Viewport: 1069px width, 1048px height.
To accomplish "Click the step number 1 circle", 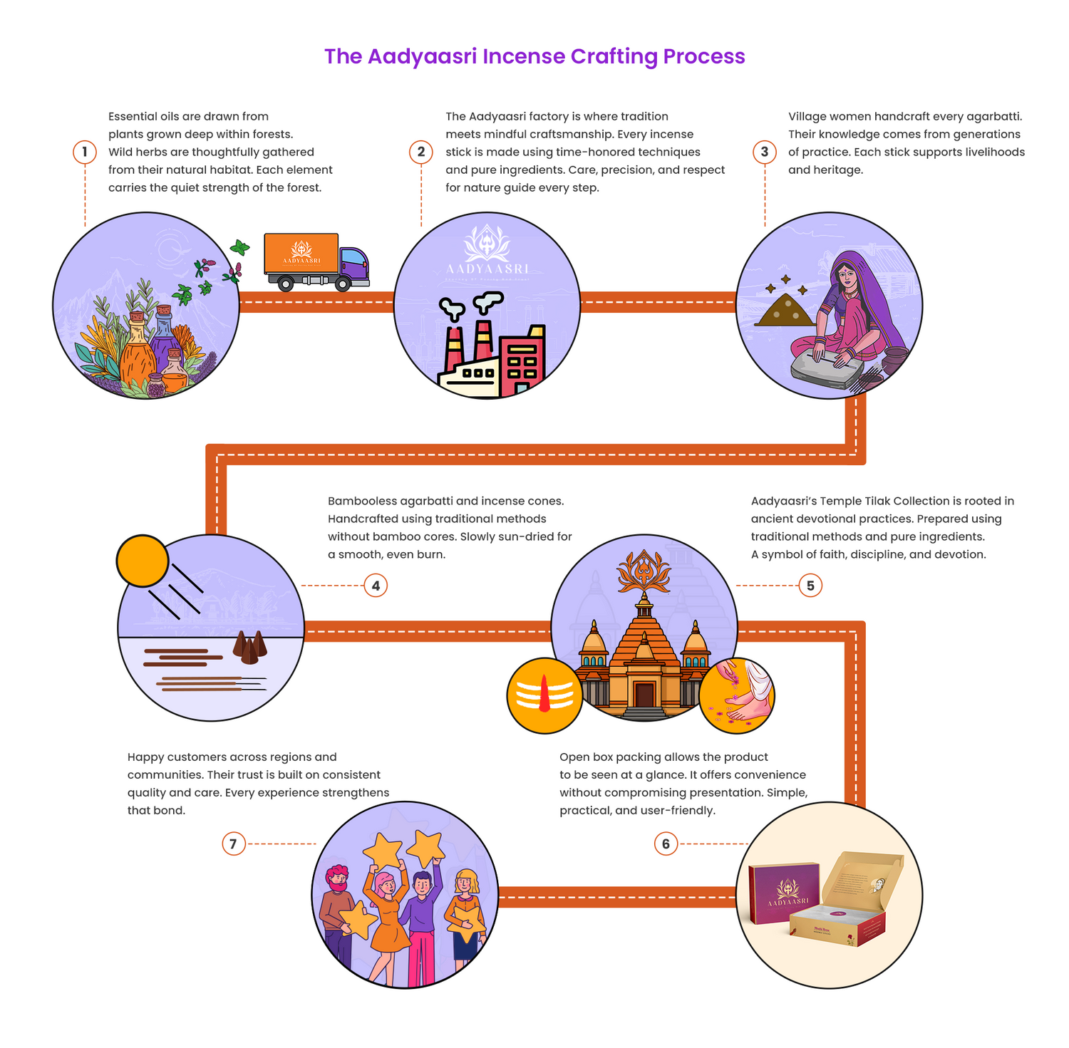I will click(x=85, y=152).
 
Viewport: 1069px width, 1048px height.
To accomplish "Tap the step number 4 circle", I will click(x=376, y=586).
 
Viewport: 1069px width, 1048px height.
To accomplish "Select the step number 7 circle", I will click(x=233, y=844).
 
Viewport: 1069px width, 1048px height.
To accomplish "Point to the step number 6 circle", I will click(x=666, y=844).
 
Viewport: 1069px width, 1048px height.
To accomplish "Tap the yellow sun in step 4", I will click(x=143, y=561).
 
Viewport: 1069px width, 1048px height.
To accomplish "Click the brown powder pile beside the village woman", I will click(x=781, y=311).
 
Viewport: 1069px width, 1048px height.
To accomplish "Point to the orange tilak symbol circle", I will click(x=544, y=695).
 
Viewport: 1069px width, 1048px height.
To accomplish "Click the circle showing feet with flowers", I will click(x=736, y=695).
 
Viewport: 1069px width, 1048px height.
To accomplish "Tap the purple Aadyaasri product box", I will click(x=784, y=893).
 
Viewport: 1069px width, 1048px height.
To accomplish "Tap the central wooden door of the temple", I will click(x=644, y=695).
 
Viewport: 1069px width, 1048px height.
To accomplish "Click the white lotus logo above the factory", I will click(x=487, y=243).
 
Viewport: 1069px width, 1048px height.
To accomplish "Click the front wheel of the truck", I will click(x=343, y=284).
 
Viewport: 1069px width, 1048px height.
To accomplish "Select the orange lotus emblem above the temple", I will click(x=644, y=571).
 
